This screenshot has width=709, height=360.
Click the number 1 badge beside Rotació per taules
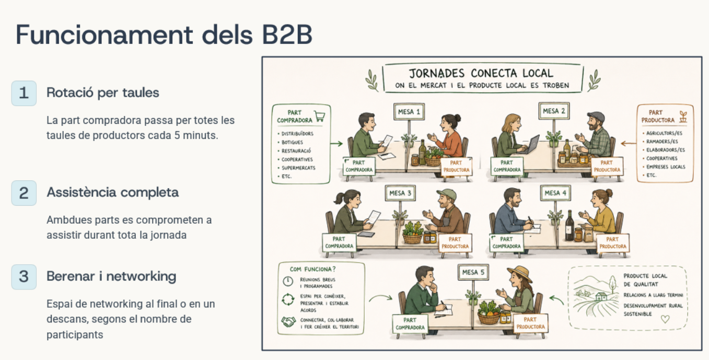24,93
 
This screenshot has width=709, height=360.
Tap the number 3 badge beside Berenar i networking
24,277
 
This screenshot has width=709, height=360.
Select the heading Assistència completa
113,192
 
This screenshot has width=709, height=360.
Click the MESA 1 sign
409,112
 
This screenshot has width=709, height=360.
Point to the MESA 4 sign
555,193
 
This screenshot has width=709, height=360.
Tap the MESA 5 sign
473,272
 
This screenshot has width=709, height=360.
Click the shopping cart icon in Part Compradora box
320,116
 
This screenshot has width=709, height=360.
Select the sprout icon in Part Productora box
683,117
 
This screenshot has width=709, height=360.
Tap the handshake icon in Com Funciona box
288,322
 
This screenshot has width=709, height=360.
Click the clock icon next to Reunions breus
288,281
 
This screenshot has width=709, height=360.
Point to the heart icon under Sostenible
665,319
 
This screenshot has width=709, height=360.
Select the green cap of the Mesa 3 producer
447,193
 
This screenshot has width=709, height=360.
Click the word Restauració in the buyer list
296,151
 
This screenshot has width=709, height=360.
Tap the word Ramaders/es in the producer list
662,142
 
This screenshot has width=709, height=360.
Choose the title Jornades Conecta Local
481,74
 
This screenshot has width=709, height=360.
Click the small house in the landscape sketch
601,296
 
